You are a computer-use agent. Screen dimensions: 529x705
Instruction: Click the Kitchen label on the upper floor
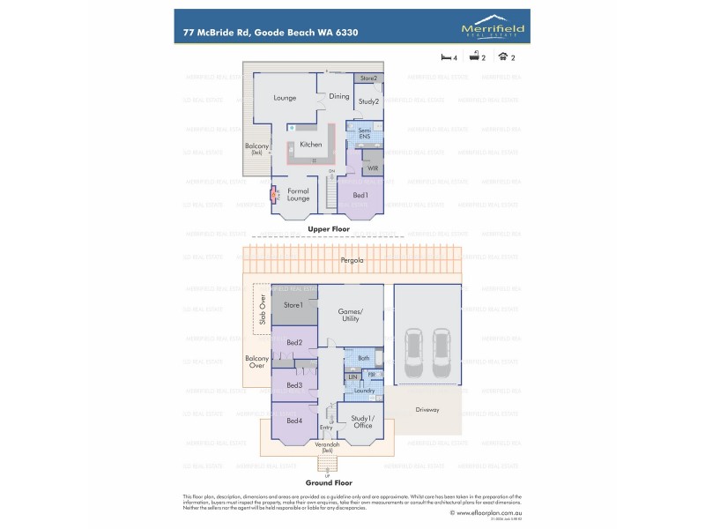(310, 145)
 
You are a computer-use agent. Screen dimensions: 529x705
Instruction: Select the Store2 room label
(368, 79)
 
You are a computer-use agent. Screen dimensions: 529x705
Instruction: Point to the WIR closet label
(373, 167)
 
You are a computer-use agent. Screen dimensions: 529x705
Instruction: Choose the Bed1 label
(360, 194)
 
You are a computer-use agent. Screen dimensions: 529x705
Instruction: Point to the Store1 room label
(293, 305)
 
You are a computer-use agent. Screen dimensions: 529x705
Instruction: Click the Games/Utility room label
(351, 316)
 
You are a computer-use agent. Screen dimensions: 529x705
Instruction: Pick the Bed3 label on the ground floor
(293, 385)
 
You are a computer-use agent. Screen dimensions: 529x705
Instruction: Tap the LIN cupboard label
(352, 377)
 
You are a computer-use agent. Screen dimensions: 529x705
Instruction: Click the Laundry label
(367, 390)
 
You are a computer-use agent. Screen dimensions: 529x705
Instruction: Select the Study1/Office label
(362, 421)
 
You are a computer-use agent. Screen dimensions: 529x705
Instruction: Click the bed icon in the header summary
(446, 56)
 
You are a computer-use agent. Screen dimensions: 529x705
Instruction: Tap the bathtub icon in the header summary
(473, 56)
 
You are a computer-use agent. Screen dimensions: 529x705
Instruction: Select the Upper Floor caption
(329, 229)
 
